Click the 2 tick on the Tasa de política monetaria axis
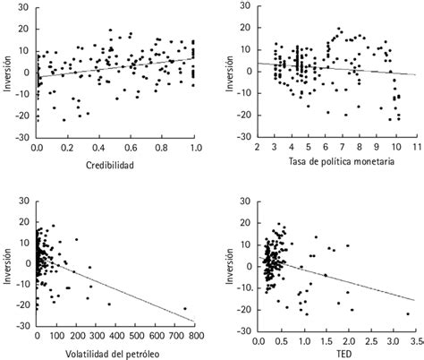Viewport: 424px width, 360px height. point(258,144)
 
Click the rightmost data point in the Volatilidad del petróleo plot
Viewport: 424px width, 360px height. point(184,308)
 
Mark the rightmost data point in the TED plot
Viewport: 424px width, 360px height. point(407,313)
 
